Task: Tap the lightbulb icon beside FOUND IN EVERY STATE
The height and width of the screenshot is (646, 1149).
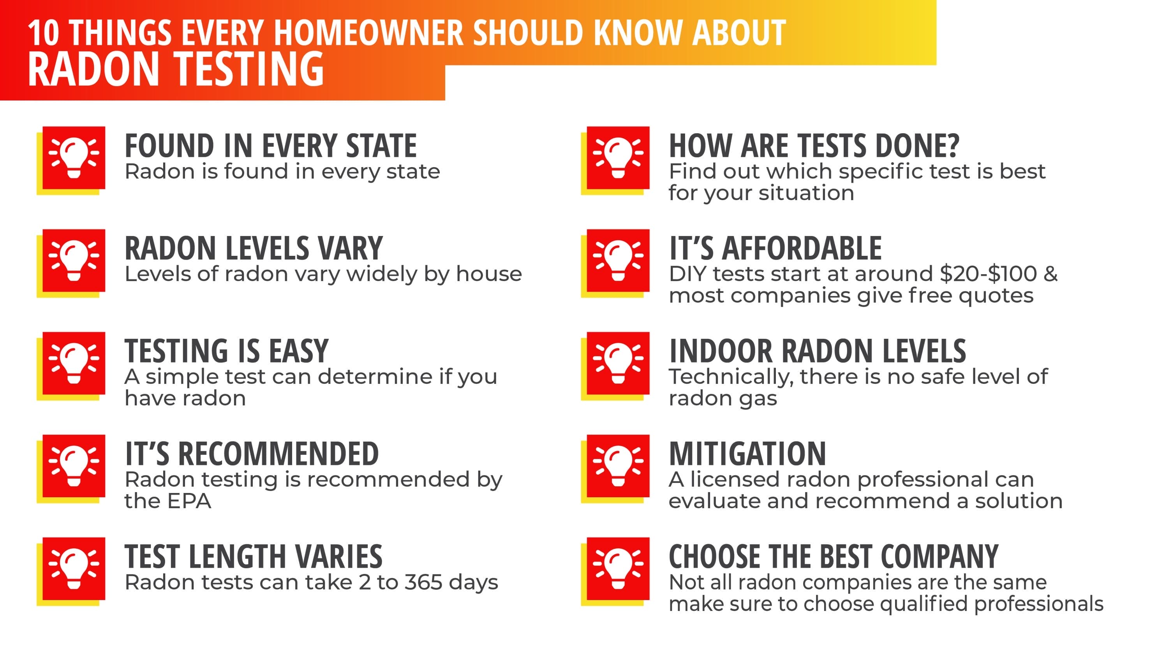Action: tap(74, 158)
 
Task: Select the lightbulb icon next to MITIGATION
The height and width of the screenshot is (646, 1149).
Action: tap(618, 466)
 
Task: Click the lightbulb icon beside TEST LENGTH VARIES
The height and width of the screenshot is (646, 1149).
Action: tap(74, 569)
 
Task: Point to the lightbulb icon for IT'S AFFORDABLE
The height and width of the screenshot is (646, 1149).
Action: tap(618, 261)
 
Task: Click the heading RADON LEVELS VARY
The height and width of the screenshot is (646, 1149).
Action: tap(253, 248)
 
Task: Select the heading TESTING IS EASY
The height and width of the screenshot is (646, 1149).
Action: tap(227, 351)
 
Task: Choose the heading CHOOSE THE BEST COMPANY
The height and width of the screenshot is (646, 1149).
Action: tap(833, 556)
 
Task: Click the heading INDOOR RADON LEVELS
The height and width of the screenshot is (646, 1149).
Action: tap(817, 351)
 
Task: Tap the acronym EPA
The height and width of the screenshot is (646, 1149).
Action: tap(189, 501)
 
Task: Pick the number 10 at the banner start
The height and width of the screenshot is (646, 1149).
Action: tap(43, 33)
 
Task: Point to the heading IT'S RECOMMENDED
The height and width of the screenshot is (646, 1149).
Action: tap(252, 454)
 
